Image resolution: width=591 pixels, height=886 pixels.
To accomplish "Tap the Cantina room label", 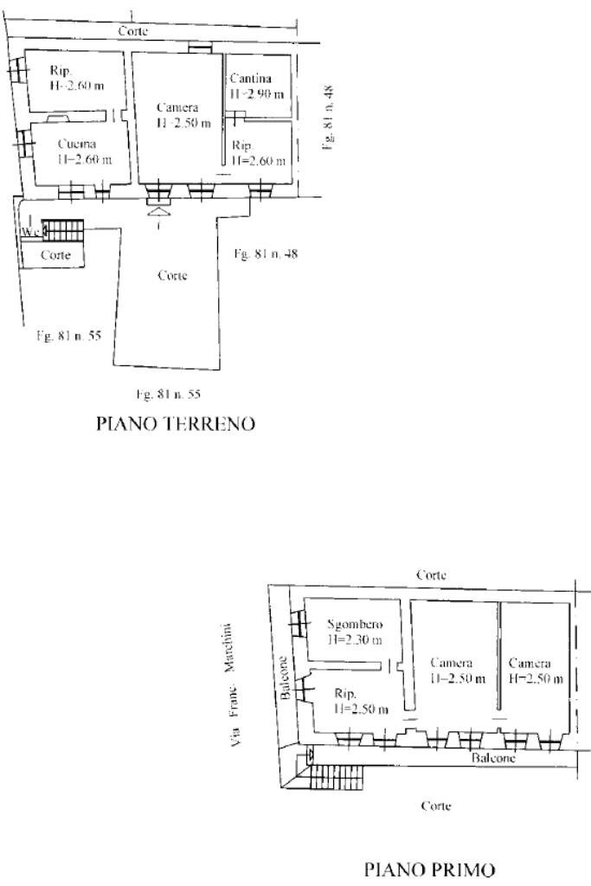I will pyautogui.click(x=251, y=79).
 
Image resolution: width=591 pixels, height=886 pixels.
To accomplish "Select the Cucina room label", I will pyautogui.click(x=76, y=144).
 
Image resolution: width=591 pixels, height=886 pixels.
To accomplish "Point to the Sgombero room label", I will pyautogui.click(x=356, y=625).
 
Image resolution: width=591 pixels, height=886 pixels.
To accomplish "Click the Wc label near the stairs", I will pyautogui.click(x=32, y=232).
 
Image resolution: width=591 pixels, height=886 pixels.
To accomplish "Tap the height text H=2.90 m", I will pyautogui.click(x=256, y=93).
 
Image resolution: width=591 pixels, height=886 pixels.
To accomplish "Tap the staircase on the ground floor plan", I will pyautogui.click(x=63, y=230).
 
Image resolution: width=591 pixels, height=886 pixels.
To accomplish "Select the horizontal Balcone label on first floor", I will pyautogui.click(x=493, y=757).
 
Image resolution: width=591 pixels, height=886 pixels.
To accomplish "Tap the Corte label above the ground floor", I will pyautogui.click(x=132, y=31).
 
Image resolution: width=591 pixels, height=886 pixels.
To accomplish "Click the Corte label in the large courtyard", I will pyautogui.click(x=172, y=275).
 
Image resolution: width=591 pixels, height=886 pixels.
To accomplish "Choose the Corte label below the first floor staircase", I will pyautogui.click(x=434, y=805).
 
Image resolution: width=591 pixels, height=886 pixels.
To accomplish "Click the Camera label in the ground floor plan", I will pyautogui.click(x=177, y=107).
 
